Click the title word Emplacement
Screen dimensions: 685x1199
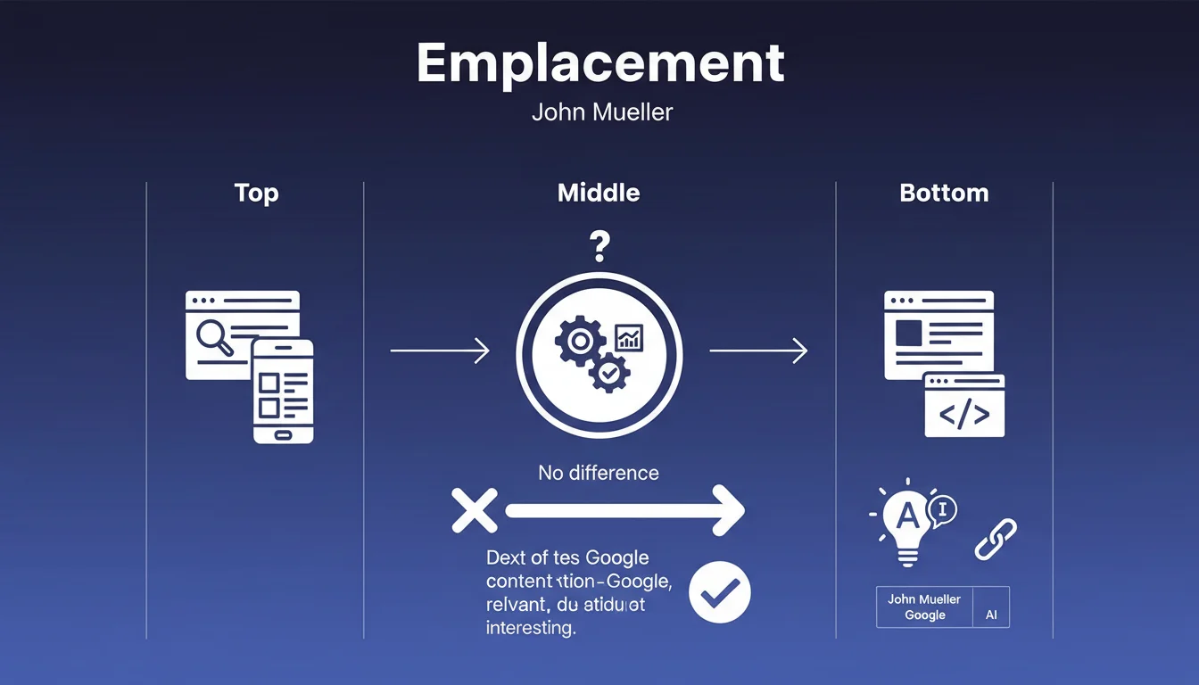(x=599, y=63)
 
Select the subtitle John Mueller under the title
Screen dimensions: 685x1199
(x=601, y=113)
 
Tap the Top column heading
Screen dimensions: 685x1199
(x=256, y=193)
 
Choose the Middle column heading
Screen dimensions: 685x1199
(x=599, y=193)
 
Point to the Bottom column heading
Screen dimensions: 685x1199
(x=944, y=193)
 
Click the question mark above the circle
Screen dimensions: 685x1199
(x=599, y=245)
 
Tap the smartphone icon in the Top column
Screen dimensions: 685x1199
(x=283, y=391)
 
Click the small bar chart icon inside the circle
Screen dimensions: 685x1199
(x=630, y=337)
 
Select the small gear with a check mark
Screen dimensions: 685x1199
(x=609, y=375)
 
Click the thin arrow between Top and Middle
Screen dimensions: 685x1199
(x=440, y=351)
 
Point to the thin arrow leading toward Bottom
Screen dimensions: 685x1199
(x=758, y=351)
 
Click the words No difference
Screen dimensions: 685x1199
(x=599, y=473)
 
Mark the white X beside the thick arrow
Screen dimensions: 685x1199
(x=474, y=510)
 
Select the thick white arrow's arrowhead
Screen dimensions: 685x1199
(x=727, y=510)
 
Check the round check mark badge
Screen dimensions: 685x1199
(x=720, y=591)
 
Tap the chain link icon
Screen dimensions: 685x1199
(x=995, y=540)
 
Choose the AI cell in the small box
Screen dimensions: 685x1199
(x=990, y=615)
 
